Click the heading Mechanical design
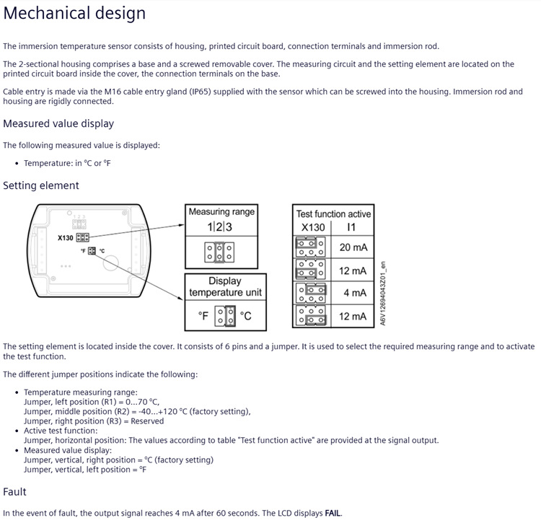[x=74, y=13]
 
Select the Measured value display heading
[x=58, y=123]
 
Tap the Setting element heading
[x=41, y=185]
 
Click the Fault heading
[x=14, y=492]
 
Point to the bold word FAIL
[x=333, y=514]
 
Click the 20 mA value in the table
[x=353, y=247]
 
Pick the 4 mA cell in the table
[x=354, y=294]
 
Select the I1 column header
[x=352, y=227]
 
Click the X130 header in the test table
[x=313, y=227]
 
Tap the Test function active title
[x=333, y=214]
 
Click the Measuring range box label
[x=221, y=212]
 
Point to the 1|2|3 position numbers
[x=220, y=226]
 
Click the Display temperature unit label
[x=225, y=286]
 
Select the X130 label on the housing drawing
[x=65, y=237]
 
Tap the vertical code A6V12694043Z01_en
[x=383, y=293]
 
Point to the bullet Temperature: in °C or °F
[x=67, y=163]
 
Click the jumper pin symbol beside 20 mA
[x=310, y=247]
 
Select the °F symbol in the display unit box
[x=203, y=316]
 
